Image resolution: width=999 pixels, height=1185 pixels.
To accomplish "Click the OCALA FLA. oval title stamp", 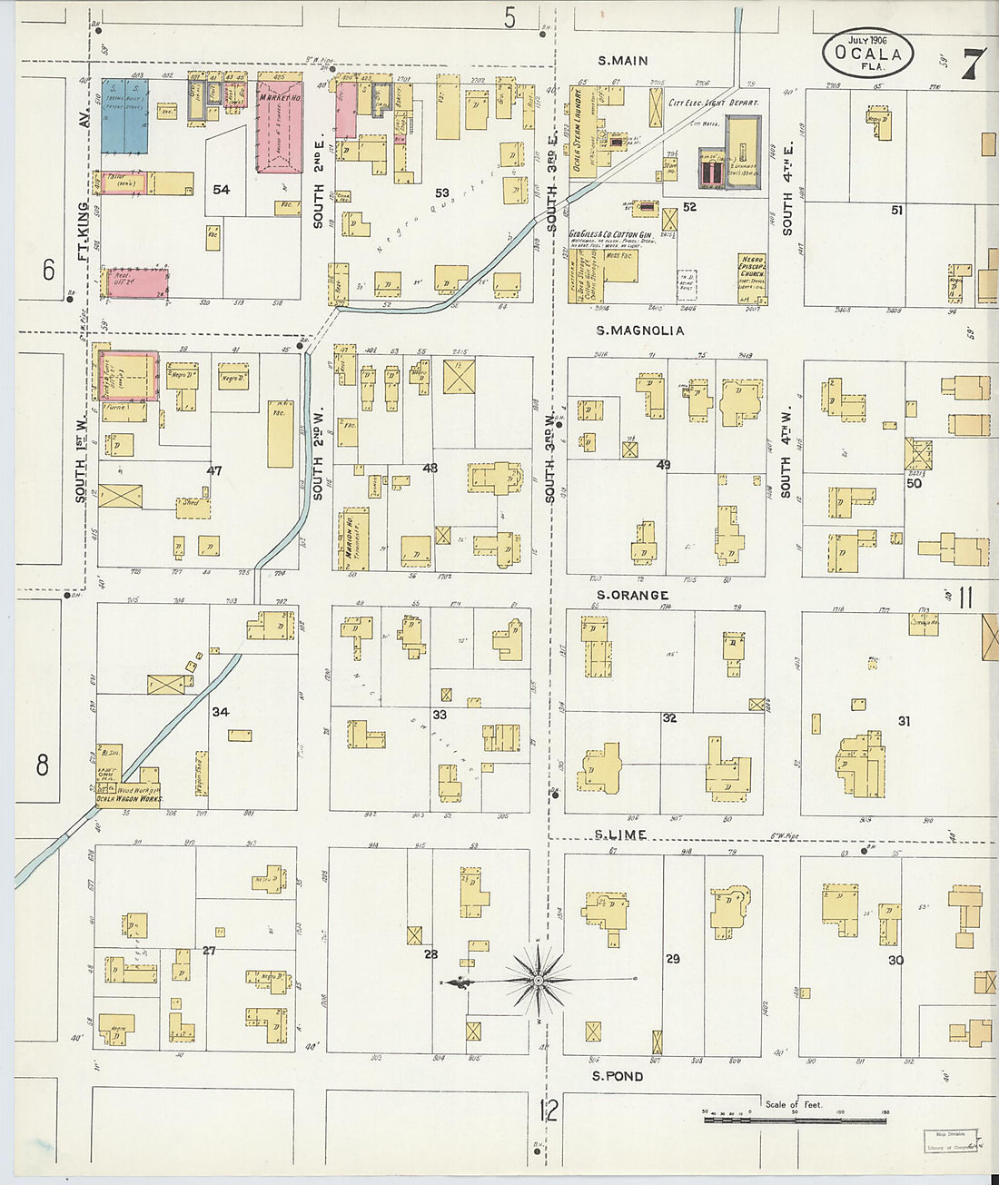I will coord(867,52).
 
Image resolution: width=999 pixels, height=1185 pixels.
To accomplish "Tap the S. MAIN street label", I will coord(623,61).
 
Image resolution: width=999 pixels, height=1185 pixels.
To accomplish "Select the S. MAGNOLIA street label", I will coord(639,331).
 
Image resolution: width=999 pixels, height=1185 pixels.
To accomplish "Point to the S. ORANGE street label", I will coord(632,595).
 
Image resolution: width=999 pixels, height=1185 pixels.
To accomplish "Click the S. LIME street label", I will coord(621,834).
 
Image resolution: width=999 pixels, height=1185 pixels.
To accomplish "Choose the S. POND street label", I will coord(618,1076).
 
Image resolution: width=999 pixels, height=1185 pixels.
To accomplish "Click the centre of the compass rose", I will coord(539,980).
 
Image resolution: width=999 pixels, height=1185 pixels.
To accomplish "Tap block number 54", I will coord(221,190).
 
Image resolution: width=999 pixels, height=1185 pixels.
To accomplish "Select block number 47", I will coord(214,470).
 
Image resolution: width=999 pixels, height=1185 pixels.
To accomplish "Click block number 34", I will coord(221,712).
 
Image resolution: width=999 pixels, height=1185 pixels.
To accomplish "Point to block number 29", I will coord(672,958).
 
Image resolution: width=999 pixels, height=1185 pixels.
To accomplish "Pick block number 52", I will coord(689,207).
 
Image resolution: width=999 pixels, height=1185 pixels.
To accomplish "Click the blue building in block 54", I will coord(124,115).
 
